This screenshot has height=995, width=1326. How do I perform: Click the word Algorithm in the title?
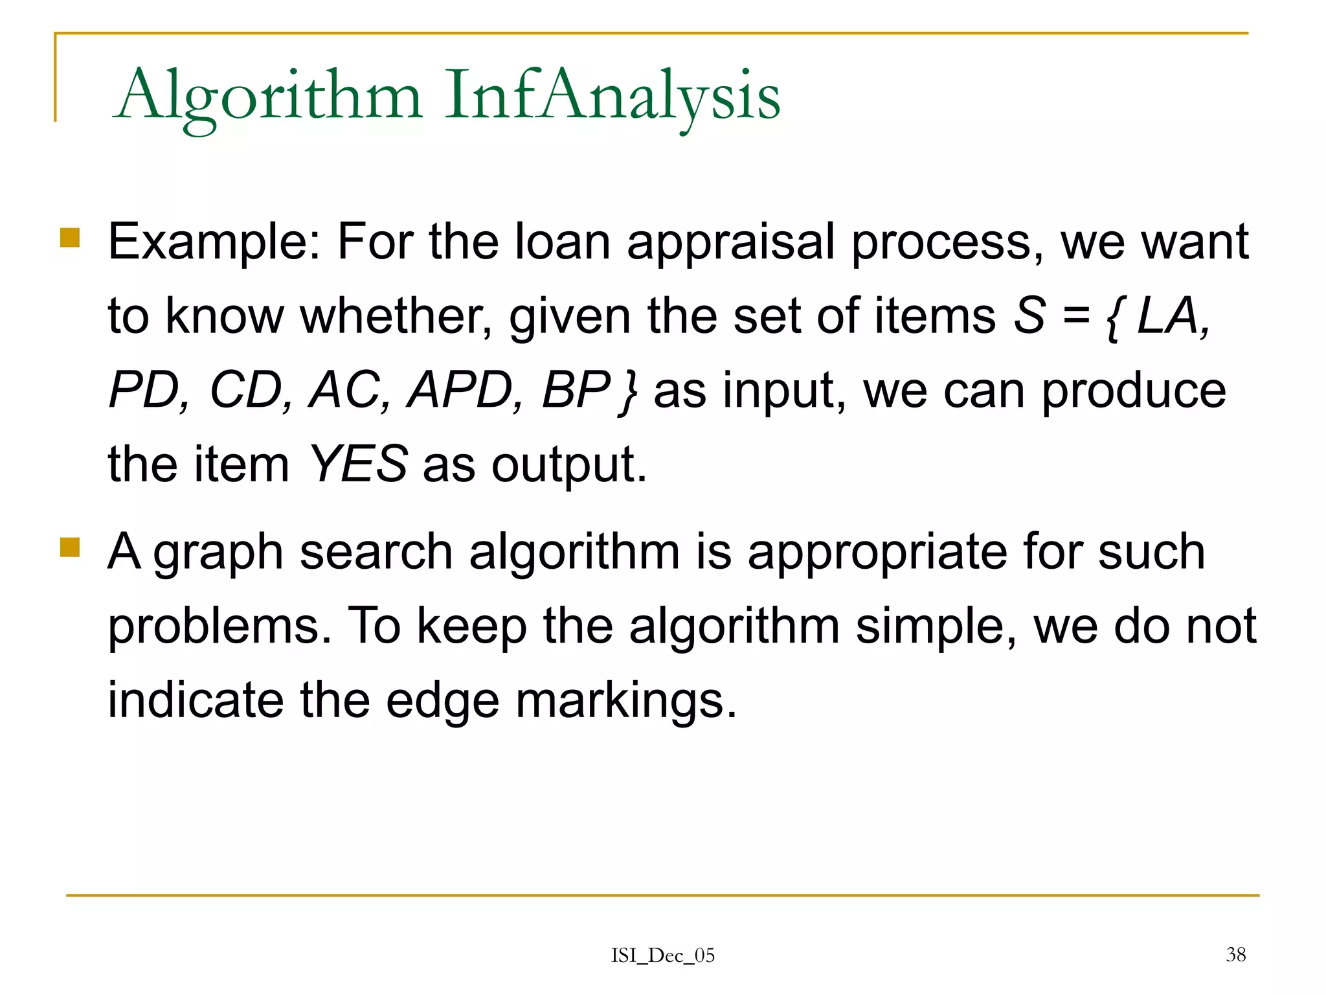click(269, 97)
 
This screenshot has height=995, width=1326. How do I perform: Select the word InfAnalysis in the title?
click(612, 97)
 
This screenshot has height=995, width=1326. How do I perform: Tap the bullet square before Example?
click(69, 238)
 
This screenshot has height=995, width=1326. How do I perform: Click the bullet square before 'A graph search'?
click(69, 547)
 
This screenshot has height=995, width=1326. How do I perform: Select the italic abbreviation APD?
click(462, 391)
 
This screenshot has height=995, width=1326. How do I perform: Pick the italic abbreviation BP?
click(575, 391)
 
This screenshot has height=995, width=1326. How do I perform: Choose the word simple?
click(936, 627)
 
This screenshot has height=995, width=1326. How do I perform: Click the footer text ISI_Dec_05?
click(662, 955)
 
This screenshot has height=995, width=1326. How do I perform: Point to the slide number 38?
click(1235, 954)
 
